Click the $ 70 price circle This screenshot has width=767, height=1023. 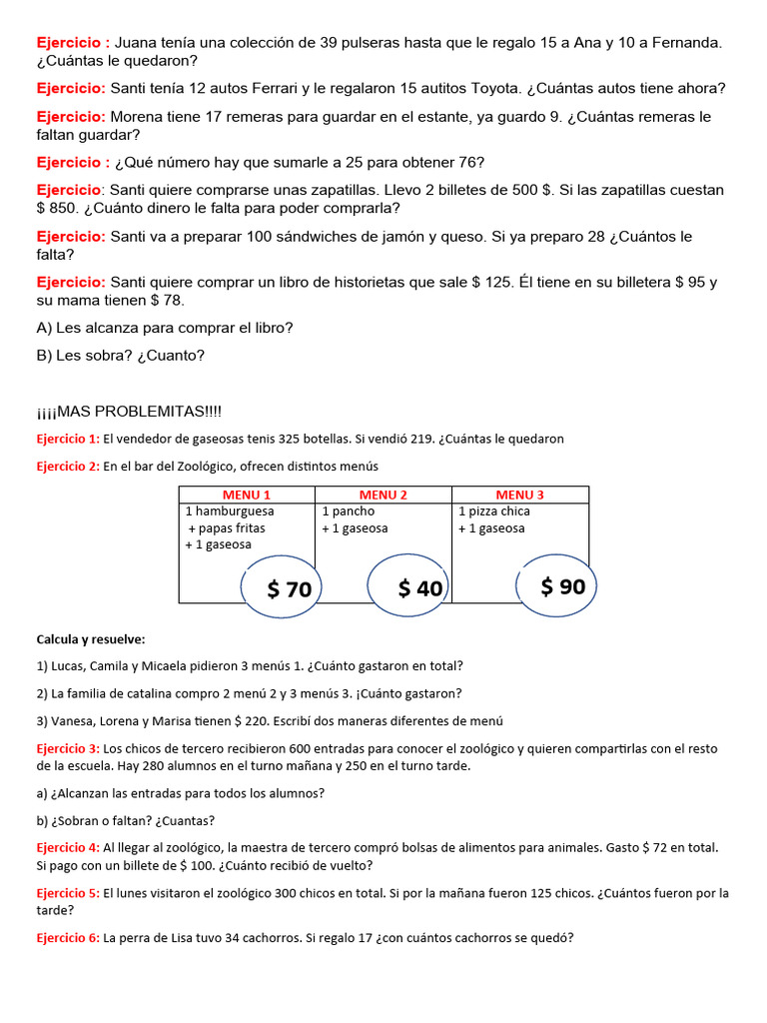[x=290, y=589]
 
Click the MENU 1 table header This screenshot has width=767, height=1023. [x=247, y=495]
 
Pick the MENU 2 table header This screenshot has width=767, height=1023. [x=383, y=495]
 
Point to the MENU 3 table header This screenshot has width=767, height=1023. [x=520, y=495]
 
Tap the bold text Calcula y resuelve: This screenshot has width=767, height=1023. [x=91, y=638]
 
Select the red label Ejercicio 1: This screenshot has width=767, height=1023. [x=68, y=439]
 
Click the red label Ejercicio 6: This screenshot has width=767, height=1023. [x=68, y=938]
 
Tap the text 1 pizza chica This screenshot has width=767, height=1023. [x=494, y=511]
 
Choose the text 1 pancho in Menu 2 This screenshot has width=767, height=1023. [x=349, y=511]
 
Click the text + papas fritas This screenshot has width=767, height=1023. [x=227, y=528]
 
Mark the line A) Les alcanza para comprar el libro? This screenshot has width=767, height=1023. [x=165, y=328]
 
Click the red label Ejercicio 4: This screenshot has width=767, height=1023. [x=68, y=847]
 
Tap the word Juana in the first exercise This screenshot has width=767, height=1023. [x=137, y=43]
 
